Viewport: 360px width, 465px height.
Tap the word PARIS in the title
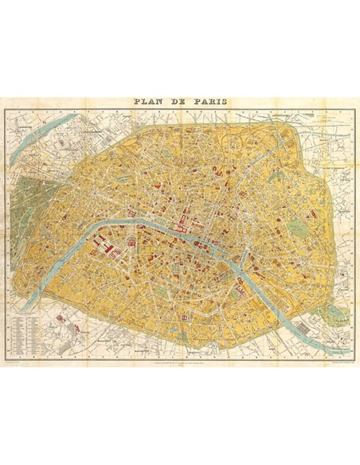207,103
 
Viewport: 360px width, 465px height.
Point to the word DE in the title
178,103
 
